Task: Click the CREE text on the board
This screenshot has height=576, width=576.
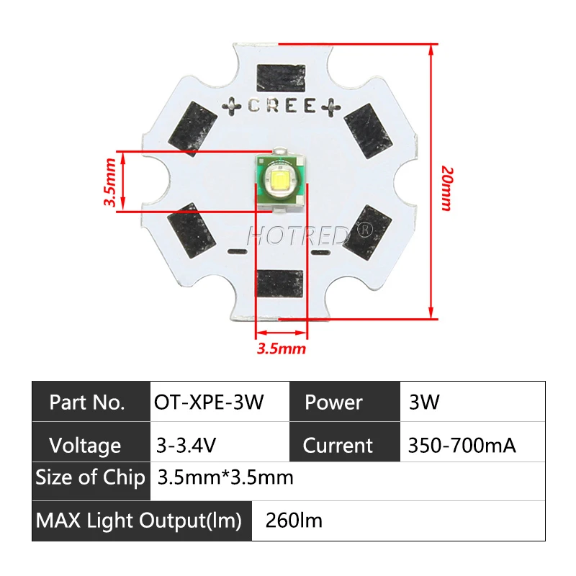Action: tap(281, 106)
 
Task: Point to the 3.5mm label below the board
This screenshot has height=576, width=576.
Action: tap(282, 349)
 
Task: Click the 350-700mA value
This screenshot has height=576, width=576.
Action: tap(462, 445)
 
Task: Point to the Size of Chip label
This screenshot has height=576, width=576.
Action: tap(90, 478)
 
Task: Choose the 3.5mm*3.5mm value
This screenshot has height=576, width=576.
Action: tap(225, 478)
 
